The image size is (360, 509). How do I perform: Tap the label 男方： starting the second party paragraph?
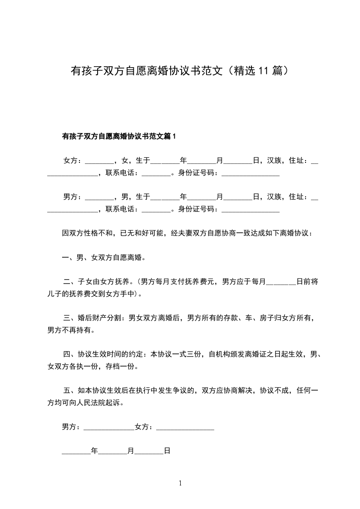73,196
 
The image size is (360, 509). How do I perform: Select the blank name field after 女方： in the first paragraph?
99,161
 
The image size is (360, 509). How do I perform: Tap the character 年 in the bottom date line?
94,451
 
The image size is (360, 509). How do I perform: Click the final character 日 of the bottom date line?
167,451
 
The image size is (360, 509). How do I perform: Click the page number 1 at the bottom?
180,483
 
